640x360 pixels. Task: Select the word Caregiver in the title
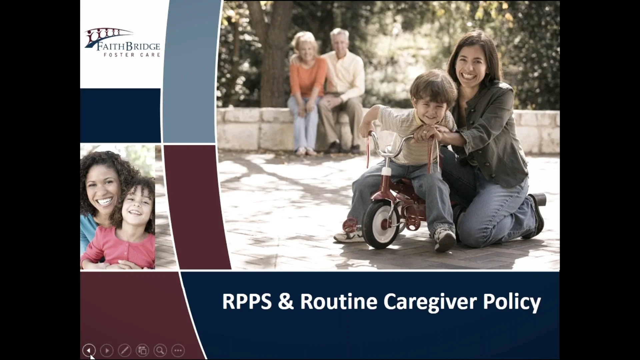click(430, 302)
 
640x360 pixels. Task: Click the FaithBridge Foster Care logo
click(122, 43)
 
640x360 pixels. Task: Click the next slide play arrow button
click(107, 350)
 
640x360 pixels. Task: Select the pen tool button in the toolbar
click(125, 350)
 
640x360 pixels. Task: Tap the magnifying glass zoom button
click(160, 350)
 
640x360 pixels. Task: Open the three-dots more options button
click(178, 350)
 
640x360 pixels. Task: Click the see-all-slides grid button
click(142, 350)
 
